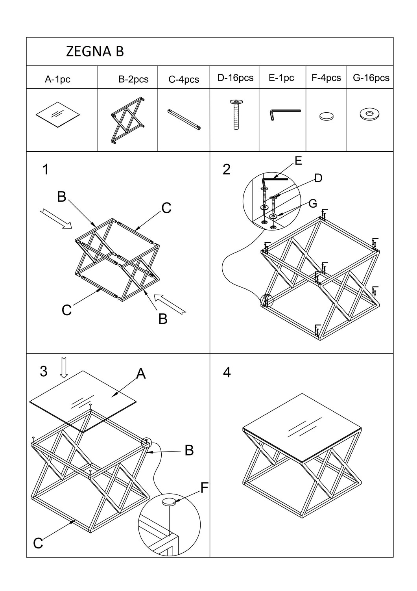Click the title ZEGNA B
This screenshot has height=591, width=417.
pyautogui.click(x=95, y=52)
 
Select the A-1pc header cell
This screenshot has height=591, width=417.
pyautogui.click(x=57, y=79)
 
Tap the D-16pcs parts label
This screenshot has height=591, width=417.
pyautogui.click(x=235, y=78)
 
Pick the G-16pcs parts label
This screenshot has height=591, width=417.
pyautogui.click(x=371, y=78)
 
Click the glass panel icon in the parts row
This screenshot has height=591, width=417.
pyautogui.click(x=58, y=114)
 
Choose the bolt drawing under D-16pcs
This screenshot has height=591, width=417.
pyautogui.click(x=236, y=114)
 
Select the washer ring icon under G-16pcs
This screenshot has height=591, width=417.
pyautogui.click(x=369, y=114)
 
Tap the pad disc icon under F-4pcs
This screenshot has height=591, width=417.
pyautogui.click(x=326, y=116)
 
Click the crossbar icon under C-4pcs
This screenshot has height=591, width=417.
pyautogui.click(x=185, y=119)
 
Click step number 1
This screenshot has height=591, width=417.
pyautogui.click(x=46, y=169)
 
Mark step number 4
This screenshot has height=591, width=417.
pyautogui.click(x=227, y=372)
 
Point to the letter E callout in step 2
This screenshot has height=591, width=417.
pyautogui.click(x=298, y=161)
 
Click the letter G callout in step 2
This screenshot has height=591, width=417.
pyautogui.click(x=313, y=203)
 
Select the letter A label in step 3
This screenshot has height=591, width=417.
pyautogui.click(x=141, y=373)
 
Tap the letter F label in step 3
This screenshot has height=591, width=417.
pyautogui.click(x=204, y=488)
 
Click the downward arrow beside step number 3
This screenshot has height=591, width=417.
pyautogui.click(x=64, y=368)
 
